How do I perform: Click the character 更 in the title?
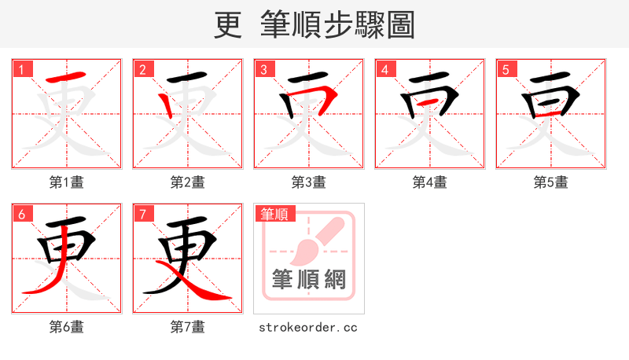click(228, 24)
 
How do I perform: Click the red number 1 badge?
click(20, 69)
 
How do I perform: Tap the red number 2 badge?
click(142, 69)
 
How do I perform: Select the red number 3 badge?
click(263, 69)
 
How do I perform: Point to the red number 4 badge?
click(384, 69)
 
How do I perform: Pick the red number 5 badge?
click(505, 69)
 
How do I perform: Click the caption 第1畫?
click(66, 182)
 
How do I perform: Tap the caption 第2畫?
click(187, 182)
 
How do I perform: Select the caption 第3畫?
click(308, 182)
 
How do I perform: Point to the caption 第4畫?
click(429, 182)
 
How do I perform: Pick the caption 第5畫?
click(550, 182)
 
